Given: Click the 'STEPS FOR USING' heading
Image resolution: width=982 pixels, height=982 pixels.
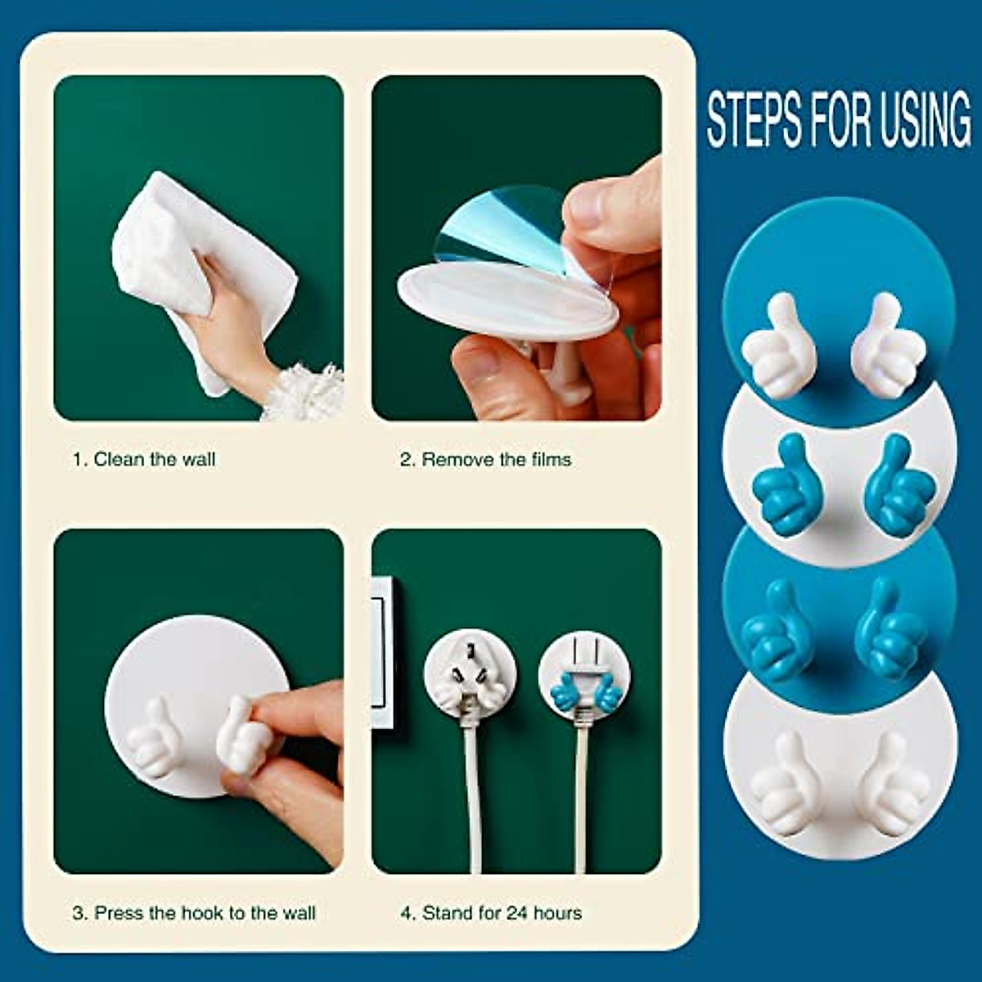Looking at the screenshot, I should pos(839,120).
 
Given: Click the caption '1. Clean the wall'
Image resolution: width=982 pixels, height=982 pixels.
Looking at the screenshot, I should pos(144,459).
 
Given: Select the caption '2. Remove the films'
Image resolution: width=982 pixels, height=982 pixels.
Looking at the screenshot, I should pos(485,459).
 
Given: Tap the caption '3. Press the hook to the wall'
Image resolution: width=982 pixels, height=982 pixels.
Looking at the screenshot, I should pos(193,912).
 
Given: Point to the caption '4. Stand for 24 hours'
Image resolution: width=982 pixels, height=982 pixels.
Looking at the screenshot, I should pos(491,912).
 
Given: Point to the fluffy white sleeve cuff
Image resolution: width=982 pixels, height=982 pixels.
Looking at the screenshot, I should pos(307,393).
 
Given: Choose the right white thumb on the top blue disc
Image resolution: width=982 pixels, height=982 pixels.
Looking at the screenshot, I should pos(888,344).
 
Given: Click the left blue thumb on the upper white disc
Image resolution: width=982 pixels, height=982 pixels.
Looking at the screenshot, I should pos(782,487).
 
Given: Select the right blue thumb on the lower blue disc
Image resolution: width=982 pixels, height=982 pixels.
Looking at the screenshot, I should pos(892,630).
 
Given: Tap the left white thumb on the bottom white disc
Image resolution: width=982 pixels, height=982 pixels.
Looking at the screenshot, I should pos(782,782).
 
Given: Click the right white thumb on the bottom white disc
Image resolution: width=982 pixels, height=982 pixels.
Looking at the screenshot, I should pos(892,782).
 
